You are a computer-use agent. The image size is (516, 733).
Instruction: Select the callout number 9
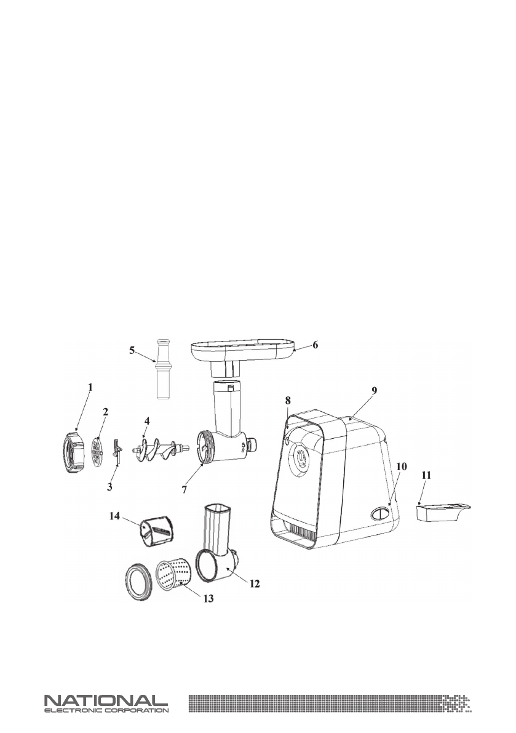(x=375, y=390)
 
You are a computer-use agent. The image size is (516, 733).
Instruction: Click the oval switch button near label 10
(x=379, y=513)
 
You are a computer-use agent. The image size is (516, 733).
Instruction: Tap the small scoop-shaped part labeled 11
(x=442, y=512)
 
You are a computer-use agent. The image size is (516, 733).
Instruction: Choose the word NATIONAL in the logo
(x=105, y=701)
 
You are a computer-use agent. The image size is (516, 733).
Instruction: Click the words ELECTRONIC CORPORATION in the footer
(x=105, y=710)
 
